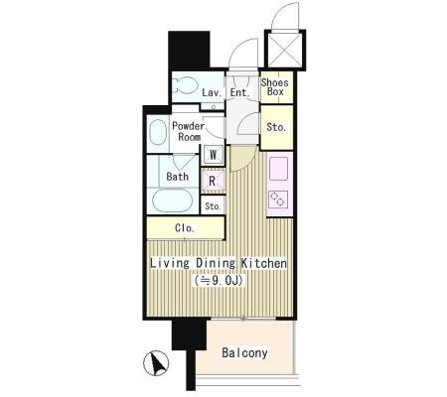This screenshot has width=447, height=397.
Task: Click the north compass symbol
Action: coord(156,363)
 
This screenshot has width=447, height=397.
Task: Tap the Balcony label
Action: coord(244,353)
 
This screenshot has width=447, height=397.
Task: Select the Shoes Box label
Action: coord(275,87)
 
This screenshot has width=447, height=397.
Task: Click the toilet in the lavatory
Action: coord(186,85)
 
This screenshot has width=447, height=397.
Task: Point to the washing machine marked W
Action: coord(214,155)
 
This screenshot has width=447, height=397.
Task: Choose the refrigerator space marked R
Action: coord(214,181)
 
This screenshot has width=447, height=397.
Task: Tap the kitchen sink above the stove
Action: coord(278,169)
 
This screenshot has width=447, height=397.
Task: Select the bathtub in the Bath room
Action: coord(172,200)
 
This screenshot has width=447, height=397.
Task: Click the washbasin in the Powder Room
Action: coord(158,132)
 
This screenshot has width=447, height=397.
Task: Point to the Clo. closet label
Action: coord(185,228)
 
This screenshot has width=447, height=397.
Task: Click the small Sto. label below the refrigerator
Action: coord(213,206)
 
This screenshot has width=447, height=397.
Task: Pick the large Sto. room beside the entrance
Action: coord(277,127)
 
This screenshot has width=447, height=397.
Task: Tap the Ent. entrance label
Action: coord(239,92)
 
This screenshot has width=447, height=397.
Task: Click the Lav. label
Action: coord(212,92)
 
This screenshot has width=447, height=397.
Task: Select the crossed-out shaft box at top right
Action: coord(285,50)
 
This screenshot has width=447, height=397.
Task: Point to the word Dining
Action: coord(216,263)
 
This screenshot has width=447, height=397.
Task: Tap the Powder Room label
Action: coord(189,131)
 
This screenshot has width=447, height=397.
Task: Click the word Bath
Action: coord(178,177)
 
